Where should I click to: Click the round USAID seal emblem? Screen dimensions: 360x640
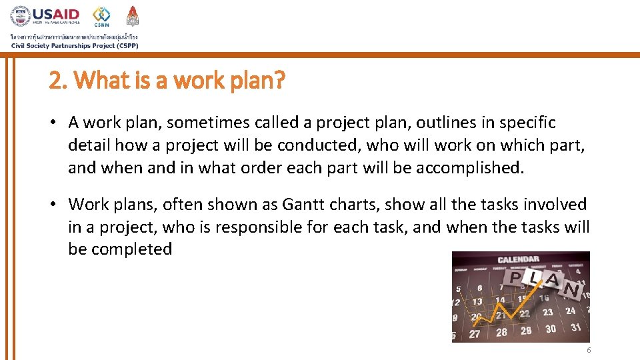tap(21, 16)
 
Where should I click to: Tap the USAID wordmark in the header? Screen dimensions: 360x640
tap(56, 14)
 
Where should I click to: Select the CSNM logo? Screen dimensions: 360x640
tap(101, 17)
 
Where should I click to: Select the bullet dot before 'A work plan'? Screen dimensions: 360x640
tap(58, 123)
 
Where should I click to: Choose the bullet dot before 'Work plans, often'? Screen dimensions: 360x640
tap(58, 204)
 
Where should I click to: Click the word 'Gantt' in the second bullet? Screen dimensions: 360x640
tap(304, 204)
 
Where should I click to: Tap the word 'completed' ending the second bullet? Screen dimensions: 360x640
tap(131, 249)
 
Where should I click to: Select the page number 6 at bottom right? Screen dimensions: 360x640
tap(589, 351)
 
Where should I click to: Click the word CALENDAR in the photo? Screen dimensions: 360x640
tap(518, 259)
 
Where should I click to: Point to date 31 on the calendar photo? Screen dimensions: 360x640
tap(575, 327)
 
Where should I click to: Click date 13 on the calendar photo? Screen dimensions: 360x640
tap(477, 302)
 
